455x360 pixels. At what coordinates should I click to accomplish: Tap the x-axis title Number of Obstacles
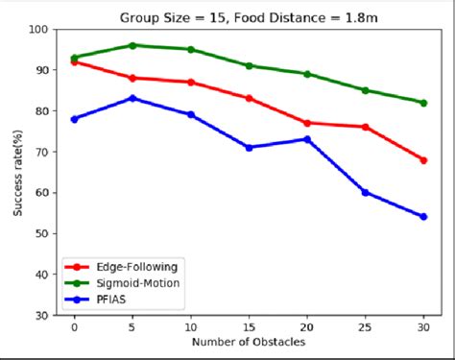tap(249, 342)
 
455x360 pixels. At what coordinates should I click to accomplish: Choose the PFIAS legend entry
tap(107, 300)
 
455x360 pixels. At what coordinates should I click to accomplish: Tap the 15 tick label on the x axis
tap(249, 326)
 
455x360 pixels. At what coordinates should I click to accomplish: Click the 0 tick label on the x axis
tap(74, 326)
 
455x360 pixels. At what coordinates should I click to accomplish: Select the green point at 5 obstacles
tap(132, 45)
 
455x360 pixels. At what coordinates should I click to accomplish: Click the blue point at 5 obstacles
tap(132, 98)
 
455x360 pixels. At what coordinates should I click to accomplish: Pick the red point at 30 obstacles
tap(423, 159)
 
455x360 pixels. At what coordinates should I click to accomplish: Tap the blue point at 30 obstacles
tap(423, 216)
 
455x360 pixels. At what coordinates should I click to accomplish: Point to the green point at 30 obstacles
tap(423, 103)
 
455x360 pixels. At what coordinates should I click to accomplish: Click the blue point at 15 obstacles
tap(249, 147)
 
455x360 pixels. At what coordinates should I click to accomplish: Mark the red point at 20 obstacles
tap(307, 123)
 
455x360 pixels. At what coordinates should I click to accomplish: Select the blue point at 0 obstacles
tap(74, 119)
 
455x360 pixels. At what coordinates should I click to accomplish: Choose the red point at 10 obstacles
tap(191, 83)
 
